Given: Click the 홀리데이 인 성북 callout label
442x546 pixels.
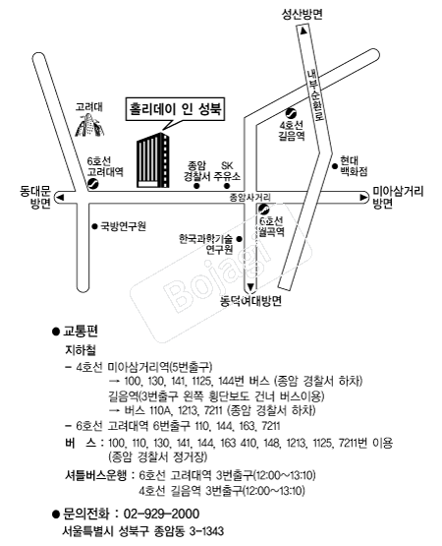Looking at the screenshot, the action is [175, 109].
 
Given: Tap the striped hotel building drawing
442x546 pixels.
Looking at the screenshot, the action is [153, 160].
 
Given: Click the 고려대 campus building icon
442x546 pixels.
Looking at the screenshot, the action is [89, 125].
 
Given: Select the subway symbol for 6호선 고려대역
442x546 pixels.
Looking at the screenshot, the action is [93, 184].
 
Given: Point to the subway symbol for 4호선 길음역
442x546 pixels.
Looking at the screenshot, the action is [291, 113].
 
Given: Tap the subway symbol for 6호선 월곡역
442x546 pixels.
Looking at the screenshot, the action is [264, 209].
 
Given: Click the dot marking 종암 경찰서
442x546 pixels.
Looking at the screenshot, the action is [196, 186].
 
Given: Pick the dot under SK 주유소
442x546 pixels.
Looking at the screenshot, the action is [227, 186].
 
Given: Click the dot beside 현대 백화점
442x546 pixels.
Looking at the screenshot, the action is [335, 166].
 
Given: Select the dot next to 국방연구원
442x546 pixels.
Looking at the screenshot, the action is [94, 226].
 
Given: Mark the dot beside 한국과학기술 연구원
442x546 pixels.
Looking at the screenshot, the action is [239, 239].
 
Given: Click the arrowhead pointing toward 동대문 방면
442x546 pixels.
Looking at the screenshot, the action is [61, 198].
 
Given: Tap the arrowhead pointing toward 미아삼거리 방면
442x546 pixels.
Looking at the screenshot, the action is [363, 198].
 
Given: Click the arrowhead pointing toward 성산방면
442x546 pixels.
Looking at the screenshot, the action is [304, 30].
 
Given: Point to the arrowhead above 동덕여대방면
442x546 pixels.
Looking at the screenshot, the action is [250, 287].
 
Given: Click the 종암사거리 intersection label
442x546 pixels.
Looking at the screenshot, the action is [250, 198].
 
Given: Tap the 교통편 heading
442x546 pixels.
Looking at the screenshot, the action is [81, 332].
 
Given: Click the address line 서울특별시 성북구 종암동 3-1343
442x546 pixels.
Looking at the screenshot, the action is [143, 531].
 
